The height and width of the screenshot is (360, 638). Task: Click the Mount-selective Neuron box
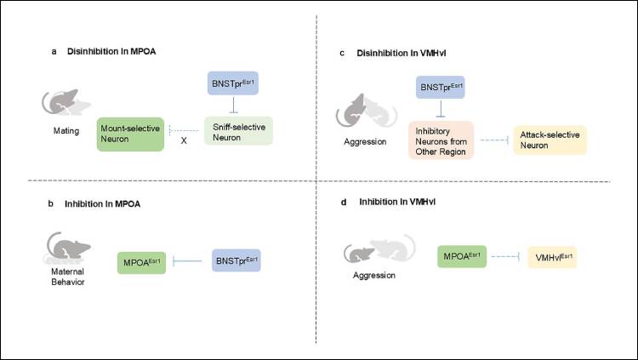click(x=129, y=134)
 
